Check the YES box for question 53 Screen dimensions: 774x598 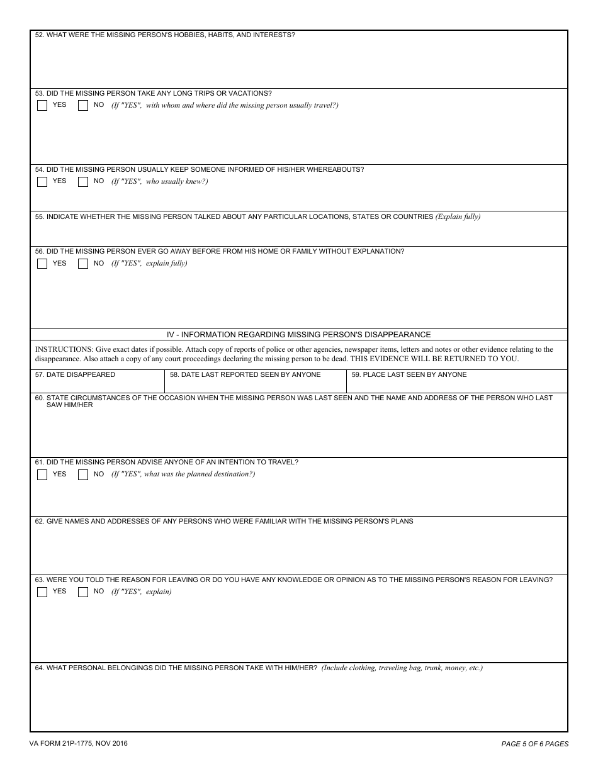click(42, 106)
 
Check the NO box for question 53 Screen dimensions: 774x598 click(83, 106)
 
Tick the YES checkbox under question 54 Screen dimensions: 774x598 click(42, 182)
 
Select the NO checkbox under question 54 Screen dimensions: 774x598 click(83, 182)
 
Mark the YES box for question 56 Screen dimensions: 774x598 click(42, 264)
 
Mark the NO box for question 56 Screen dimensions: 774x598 click(83, 264)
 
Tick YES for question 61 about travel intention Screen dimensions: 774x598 click(42, 475)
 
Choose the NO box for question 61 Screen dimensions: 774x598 click(83, 475)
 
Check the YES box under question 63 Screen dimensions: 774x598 click(42, 592)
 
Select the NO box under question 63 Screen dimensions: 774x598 click(83, 592)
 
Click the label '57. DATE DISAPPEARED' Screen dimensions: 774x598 click(75, 375)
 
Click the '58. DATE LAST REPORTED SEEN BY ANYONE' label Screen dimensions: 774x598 click(245, 375)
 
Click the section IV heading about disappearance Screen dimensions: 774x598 click(298, 335)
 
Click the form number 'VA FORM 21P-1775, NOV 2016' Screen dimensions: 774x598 click(78, 744)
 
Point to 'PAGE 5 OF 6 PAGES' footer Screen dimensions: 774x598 click(534, 744)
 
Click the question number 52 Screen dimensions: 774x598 click(39, 35)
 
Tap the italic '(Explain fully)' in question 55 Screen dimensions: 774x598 click(458, 217)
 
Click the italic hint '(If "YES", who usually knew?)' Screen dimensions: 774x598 click(160, 182)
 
